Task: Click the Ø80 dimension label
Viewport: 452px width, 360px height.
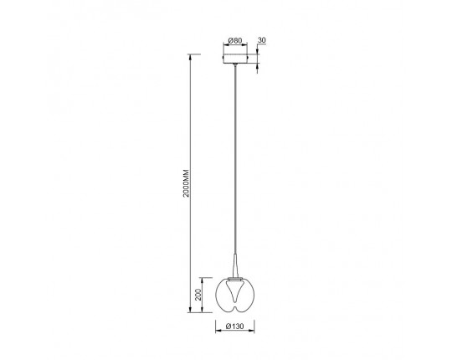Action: [235, 41]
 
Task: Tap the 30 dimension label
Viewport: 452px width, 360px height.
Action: [261, 40]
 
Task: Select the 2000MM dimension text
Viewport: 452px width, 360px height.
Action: [186, 183]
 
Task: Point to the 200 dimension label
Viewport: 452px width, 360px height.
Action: [198, 296]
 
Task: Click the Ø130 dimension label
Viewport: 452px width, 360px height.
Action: [235, 327]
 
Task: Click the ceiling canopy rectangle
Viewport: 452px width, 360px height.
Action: [235, 59]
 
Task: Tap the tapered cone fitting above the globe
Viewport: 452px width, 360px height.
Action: [235, 265]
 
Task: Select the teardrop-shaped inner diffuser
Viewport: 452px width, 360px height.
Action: [235, 291]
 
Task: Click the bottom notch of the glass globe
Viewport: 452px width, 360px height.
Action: [235, 309]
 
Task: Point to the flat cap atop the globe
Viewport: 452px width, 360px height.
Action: [235, 279]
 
